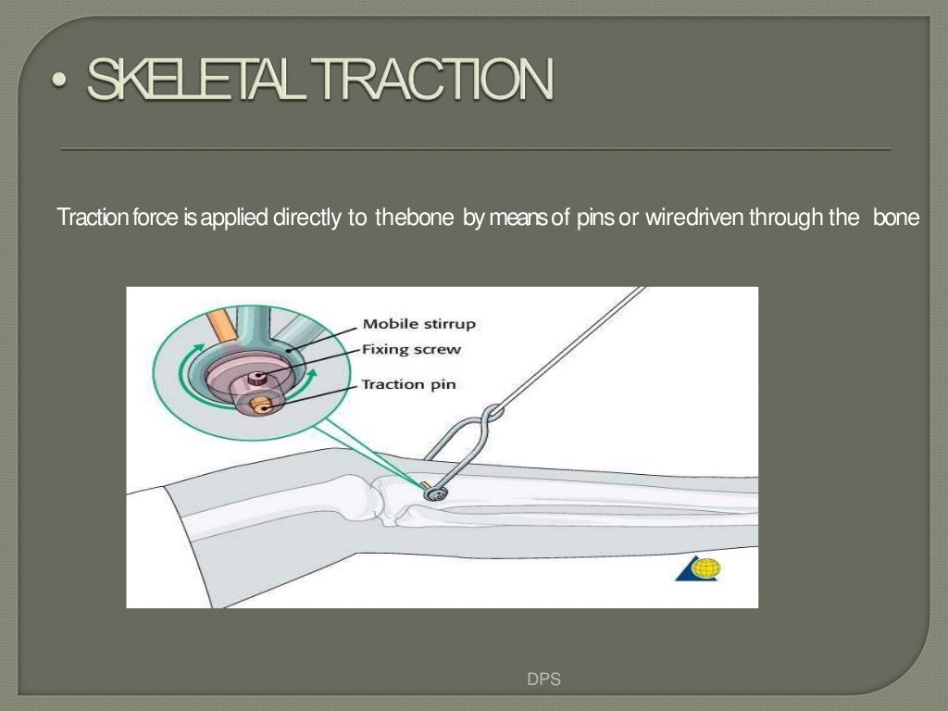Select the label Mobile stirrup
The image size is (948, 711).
click(x=418, y=324)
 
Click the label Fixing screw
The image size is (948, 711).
click(x=410, y=350)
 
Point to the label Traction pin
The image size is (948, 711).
click(x=408, y=383)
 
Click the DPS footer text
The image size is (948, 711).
click(x=543, y=680)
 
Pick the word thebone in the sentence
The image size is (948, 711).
click(x=414, y=218)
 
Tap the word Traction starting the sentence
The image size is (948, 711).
click(x=86, y=218)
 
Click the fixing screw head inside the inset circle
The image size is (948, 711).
click(x=259, y=377)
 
